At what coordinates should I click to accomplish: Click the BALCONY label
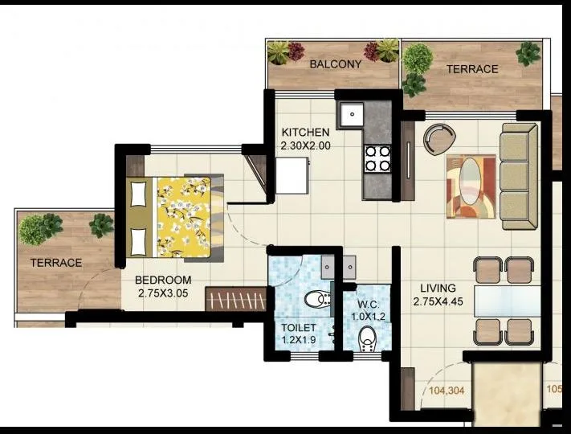[336, 63]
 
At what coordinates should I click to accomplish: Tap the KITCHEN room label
[305, 133]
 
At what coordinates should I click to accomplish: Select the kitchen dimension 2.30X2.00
[305, 146]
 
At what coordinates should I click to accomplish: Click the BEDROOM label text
[163, 280]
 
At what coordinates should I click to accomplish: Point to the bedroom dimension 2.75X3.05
[163, 293]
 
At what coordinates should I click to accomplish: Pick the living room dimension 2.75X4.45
[438, 301]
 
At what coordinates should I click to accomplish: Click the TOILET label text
[298, 328]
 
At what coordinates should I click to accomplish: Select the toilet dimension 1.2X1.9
[298, 340]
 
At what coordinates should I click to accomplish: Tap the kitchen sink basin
[351, 116]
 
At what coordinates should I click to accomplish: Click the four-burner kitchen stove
[377, 158]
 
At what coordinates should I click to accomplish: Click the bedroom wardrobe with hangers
[235, 300]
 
